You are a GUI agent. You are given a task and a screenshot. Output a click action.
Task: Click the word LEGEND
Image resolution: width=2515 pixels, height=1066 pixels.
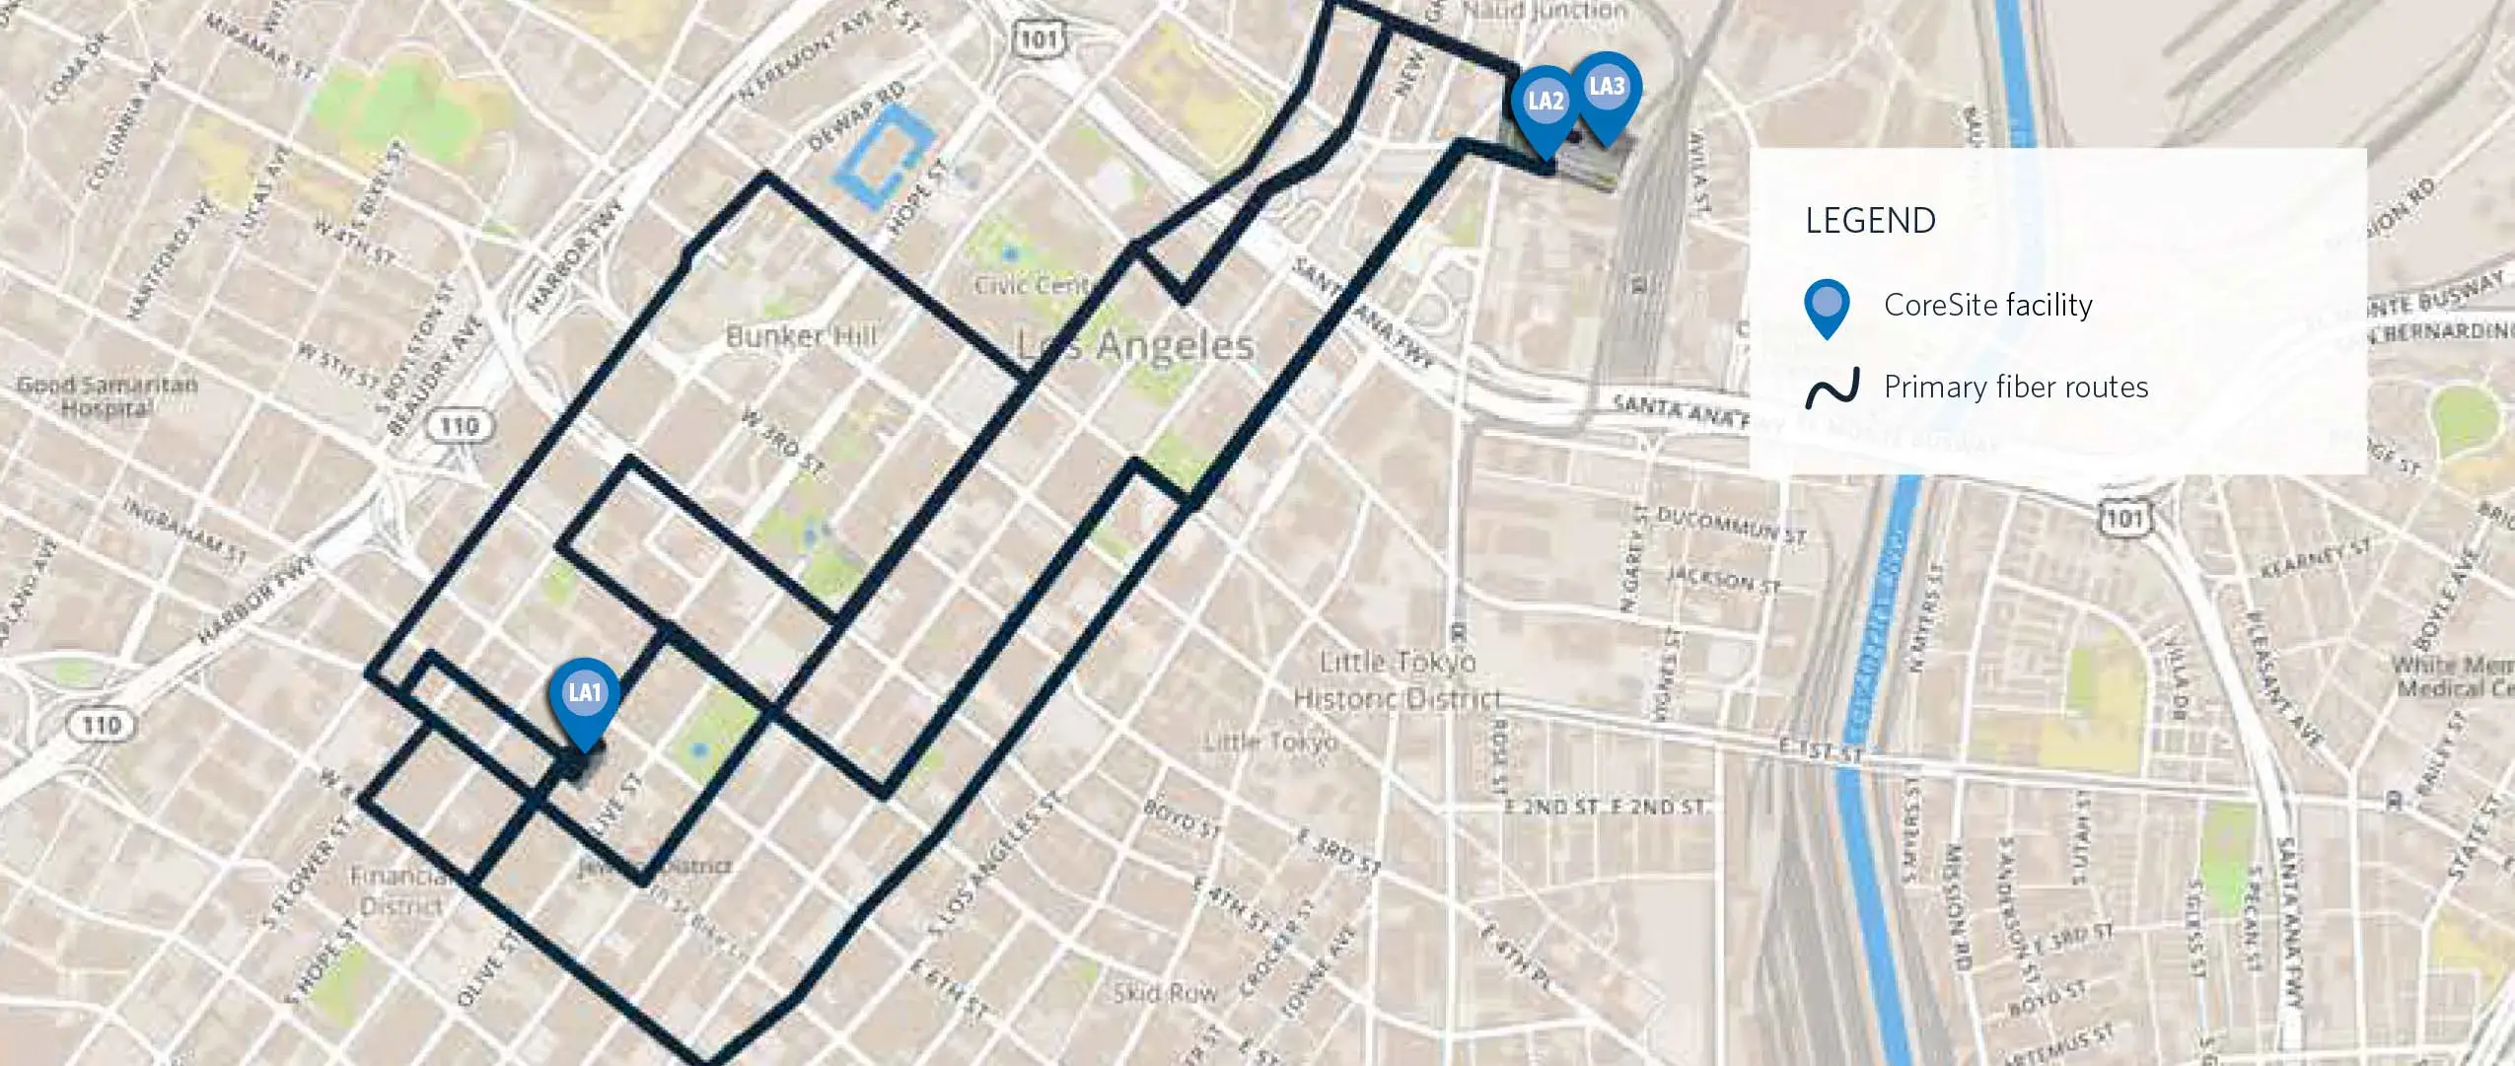pyautogui.click(x=1870, y=221)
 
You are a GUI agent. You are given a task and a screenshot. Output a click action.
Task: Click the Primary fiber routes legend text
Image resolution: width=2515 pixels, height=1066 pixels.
pyautogui.click(x=2016, y=387)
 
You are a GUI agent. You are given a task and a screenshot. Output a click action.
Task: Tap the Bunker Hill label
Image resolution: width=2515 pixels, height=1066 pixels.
pyautogui.click(x=801, y=336)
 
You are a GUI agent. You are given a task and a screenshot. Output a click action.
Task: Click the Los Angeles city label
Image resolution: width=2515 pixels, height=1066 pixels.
pyautogui.click(x=1135, y=345)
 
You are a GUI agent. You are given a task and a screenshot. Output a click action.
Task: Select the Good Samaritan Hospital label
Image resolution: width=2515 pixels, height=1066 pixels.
pyautogui.click(x=107, y=395)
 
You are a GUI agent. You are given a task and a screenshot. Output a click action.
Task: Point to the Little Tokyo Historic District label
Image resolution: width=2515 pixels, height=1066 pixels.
pyautogui.click(x=1397, y=680)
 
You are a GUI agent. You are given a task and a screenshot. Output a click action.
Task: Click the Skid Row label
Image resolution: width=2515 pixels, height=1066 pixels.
pyautogui.click(x=1164, y=992)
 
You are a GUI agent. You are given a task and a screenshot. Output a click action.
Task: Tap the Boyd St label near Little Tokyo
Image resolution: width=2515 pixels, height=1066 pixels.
pyautogui.click(x=1182, y=818)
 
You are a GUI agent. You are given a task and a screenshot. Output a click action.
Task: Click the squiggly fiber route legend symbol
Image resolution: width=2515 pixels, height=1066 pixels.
pyautogui.click(x=1832, y=388)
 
